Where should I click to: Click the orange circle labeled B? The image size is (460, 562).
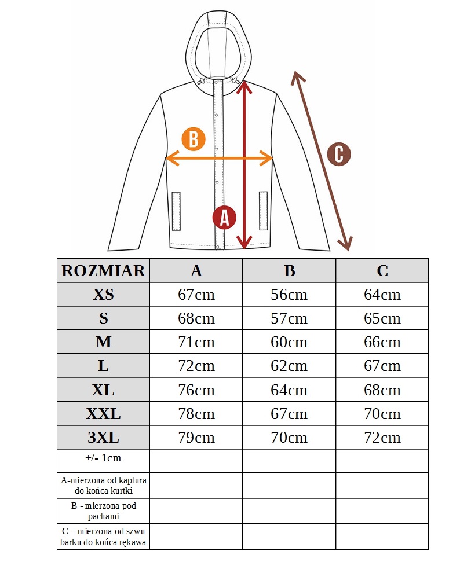(194, 139)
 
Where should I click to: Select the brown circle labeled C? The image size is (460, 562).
(339, 154)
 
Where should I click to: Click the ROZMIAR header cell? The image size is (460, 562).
(103, 270)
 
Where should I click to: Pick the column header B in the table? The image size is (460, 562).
(289, 270)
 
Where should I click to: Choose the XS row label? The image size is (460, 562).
(103, 295)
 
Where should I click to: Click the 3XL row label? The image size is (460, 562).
(103, 438)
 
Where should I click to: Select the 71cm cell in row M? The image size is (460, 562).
(196, 342)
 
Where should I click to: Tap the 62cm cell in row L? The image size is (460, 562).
(289, 366)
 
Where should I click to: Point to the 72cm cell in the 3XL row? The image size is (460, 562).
(382, 438)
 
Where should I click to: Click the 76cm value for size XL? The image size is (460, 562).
(196, 390)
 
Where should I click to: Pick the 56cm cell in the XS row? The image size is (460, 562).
(289, 295)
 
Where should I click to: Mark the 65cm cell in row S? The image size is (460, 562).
(382, 318)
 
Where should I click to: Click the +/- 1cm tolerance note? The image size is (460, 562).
(103, 457)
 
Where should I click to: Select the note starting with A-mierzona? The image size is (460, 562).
(103, 485)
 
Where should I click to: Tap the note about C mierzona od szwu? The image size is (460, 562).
(103, 537)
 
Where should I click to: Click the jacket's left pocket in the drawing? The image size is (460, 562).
(176, 210)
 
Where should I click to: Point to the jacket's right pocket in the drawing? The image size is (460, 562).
(262, 210)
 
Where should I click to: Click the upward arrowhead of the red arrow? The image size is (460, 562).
(244, 86)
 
